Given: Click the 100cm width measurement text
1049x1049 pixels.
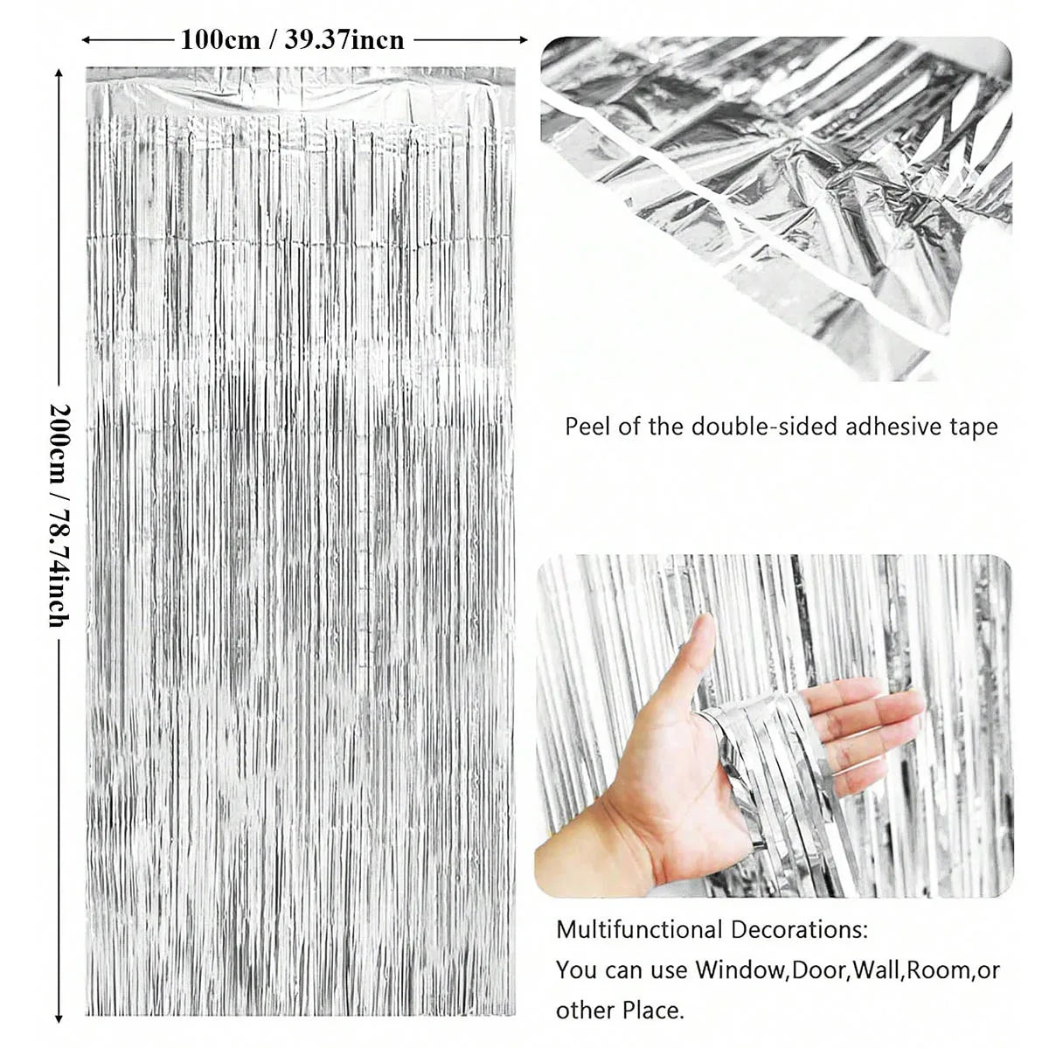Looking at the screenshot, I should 220,39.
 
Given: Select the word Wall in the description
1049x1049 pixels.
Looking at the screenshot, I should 877,969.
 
